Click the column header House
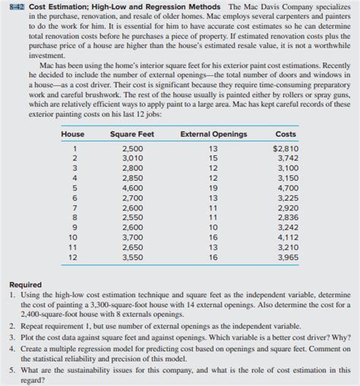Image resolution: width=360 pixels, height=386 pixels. click(72, 113)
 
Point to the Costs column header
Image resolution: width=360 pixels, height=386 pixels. click(286, 113)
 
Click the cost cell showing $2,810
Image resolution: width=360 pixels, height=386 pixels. click(286, 127)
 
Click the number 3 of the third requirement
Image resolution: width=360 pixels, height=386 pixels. click(14, 332)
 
